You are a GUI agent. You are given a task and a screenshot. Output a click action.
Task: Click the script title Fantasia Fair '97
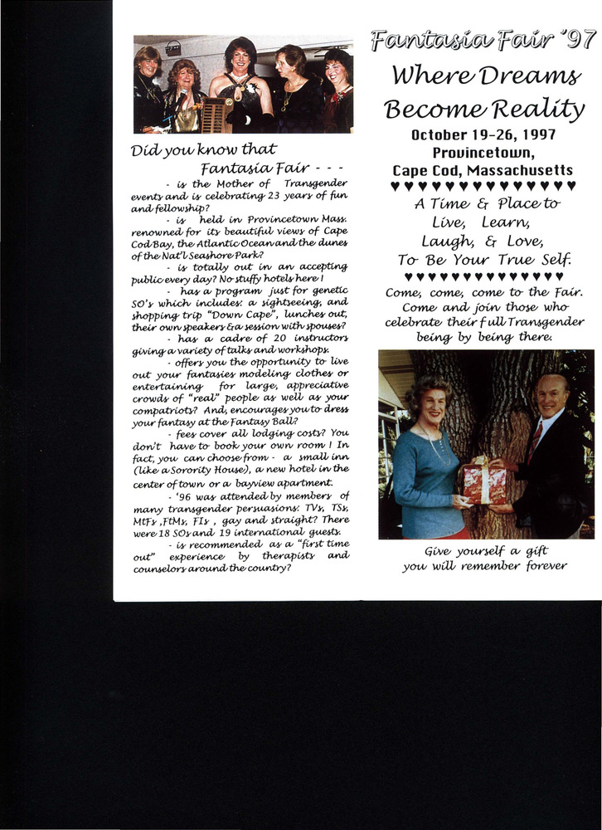483,40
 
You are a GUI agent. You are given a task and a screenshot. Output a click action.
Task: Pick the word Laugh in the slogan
448,241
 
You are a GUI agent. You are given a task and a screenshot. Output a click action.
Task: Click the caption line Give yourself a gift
484,550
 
